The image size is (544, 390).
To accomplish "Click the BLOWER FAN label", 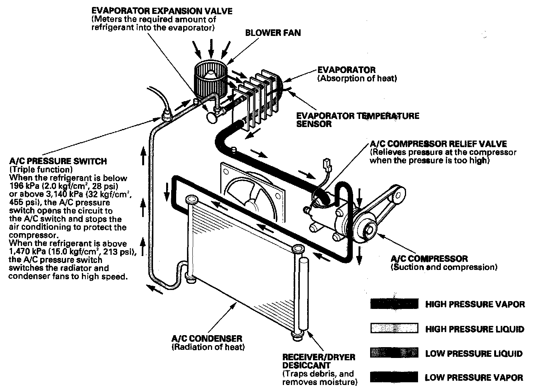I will (x=273, y=33).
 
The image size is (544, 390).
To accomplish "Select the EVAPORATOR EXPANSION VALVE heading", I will (x=162, y=10).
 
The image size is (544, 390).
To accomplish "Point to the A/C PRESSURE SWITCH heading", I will (x=58, y=161).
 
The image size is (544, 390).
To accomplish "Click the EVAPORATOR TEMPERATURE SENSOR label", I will (x=357, y=120).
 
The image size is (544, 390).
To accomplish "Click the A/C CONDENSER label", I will (x=207, y=339).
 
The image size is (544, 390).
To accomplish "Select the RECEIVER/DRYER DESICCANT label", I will (x=318, y=361).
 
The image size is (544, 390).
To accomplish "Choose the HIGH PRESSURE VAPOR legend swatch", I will (x=394, y=304).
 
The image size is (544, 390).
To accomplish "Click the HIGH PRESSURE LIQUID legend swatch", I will (x=394, y=329).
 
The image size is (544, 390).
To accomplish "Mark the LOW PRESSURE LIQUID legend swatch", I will (x=394, y=353).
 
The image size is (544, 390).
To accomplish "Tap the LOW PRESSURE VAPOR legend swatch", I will (x=394, y=377).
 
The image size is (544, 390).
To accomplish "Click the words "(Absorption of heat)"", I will (x=357, y=78).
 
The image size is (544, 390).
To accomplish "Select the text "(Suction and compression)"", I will (x=444, y=267).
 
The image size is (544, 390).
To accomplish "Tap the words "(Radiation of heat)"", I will (x=208, y=347).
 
